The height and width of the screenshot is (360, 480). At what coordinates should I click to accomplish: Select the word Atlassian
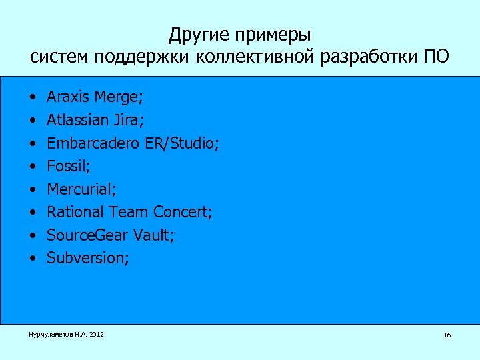[76, 120]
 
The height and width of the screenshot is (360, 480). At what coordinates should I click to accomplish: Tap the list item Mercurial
[81, 189]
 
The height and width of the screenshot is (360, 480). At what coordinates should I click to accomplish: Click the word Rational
[75, 212]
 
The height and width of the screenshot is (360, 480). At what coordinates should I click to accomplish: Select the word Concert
[182, 212]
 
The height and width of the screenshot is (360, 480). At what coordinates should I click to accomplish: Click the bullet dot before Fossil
[33, 166]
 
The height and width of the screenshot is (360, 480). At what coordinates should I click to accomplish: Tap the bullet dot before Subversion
[33, 258]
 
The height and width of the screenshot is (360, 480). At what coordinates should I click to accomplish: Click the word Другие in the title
[195, 33]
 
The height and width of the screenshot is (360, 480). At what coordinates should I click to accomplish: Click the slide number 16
[447, 335]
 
